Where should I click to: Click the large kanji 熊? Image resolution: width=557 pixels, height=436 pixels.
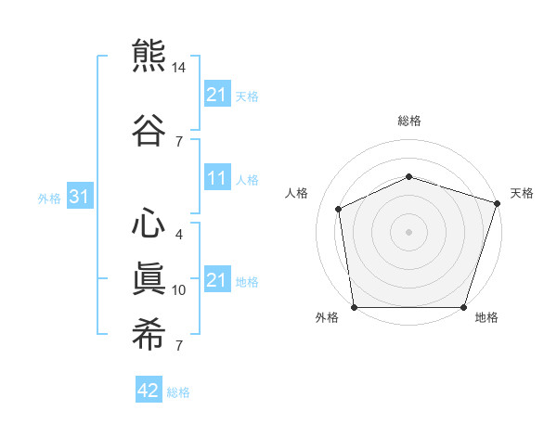coord(149,56)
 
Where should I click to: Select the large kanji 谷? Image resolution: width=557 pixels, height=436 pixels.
coord(149,130)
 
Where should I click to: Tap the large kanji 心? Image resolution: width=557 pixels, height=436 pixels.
coord(149,223)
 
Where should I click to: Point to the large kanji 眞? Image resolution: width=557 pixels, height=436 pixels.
coord(149,278)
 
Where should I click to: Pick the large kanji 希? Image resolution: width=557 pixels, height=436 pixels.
coord(149,334)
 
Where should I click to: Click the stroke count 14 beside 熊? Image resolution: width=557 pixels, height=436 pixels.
coord(178,68)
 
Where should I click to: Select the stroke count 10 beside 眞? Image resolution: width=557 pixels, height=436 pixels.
coord(178,290)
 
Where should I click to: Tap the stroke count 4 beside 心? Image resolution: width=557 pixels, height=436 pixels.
coord(179,235)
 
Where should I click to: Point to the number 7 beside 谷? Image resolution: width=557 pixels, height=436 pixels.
coord(179,142)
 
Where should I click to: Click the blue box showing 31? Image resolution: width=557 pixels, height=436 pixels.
coord(80,196)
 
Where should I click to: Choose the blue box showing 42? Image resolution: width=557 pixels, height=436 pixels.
coord(149,389)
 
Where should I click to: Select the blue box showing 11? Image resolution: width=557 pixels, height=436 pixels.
coord(218,177)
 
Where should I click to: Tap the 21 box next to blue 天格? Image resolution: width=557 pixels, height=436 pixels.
coord(218,94)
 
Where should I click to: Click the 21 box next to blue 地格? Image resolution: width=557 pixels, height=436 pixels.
coord(218,278)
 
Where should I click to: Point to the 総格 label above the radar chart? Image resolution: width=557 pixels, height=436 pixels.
coord(409,121)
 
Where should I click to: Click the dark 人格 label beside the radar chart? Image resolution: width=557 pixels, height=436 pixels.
coord(296,193)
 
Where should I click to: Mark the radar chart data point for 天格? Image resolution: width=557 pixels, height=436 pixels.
coord(498,203)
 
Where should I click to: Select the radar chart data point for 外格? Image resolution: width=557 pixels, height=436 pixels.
coord(355,307)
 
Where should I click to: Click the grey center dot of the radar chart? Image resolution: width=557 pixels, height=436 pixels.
coord(408,232)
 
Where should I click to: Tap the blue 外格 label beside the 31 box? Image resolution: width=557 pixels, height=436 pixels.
coord(49,199)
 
